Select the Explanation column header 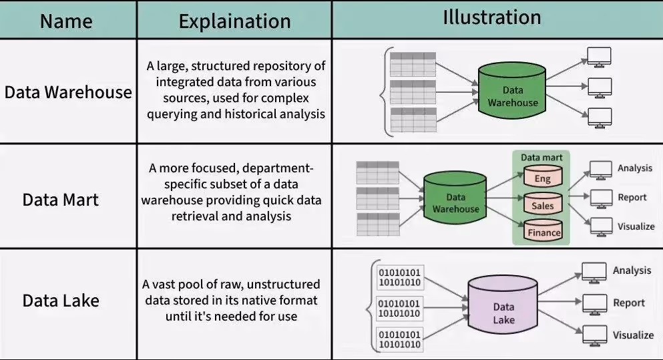click(x=234, y=21)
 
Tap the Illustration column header click(x=492, y=18)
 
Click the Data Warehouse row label click(x=68, y=92)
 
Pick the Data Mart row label click(x=61, y=200)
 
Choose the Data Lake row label click(x=61, y=301)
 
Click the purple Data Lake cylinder click(x=503, y=310)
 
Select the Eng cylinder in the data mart click(x=542, y=178)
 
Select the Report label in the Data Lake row click(x=629, y=303)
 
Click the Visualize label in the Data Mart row click(x=636, y=226)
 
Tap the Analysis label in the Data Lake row click(x=632, y=271)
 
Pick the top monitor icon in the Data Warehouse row click(x=599, y=56)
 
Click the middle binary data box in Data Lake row click(x=400, y=309)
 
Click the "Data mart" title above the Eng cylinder click(x=541, y=158)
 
